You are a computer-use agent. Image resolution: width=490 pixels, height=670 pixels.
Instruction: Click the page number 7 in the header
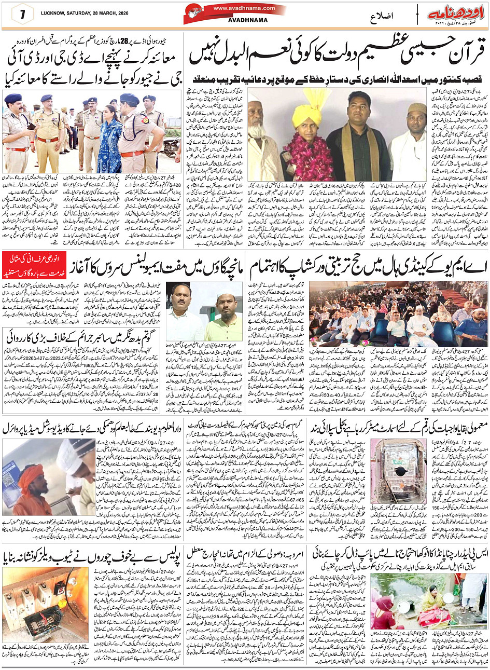23,13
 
